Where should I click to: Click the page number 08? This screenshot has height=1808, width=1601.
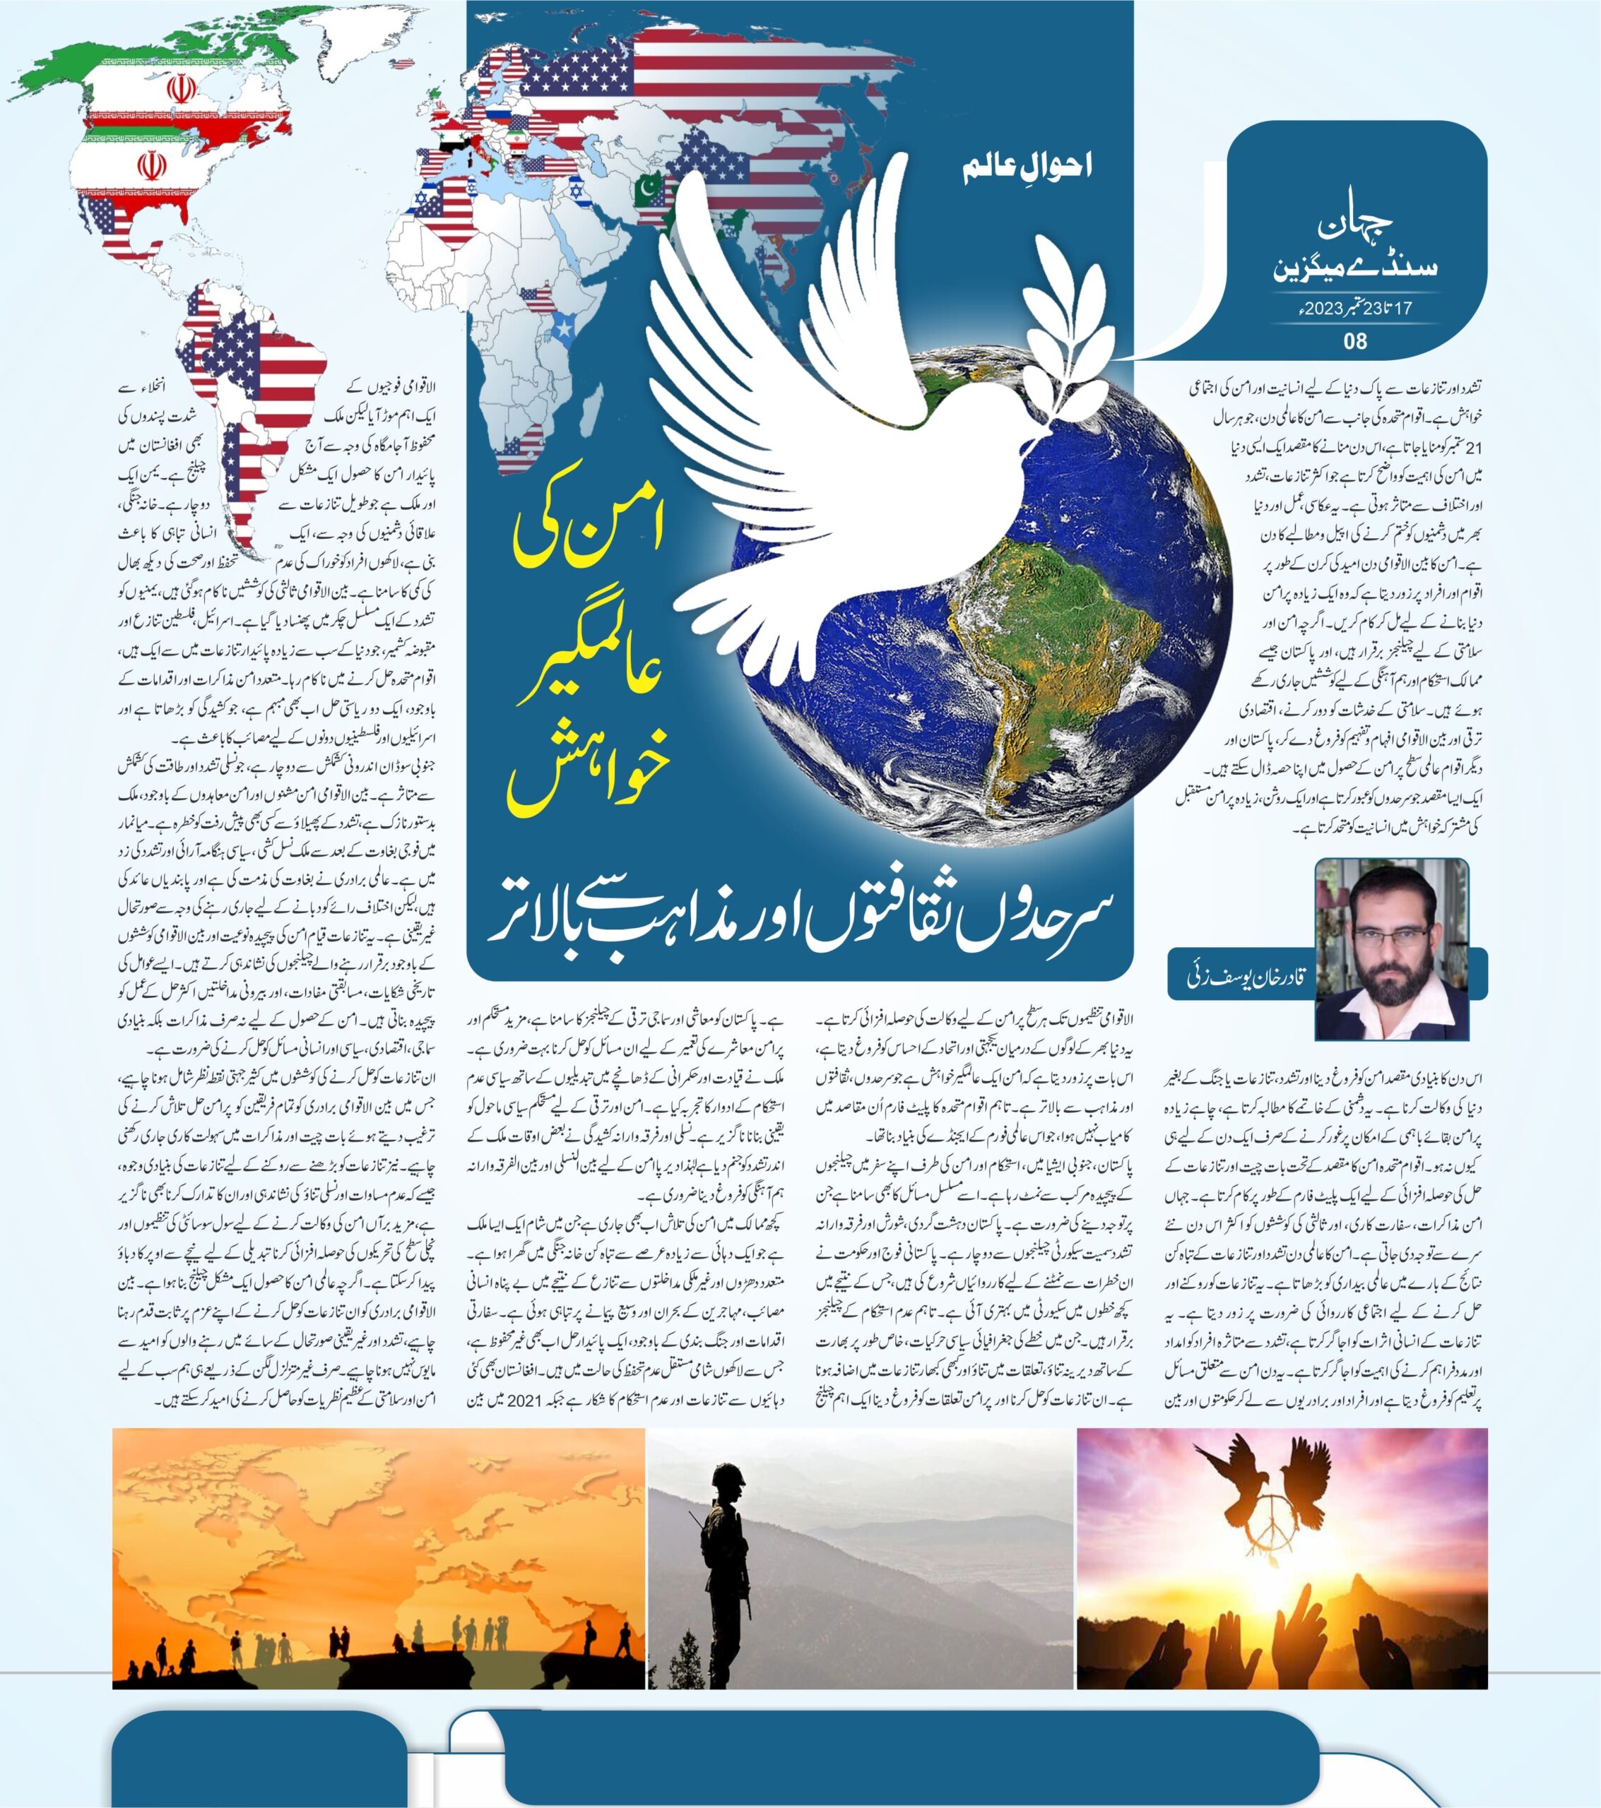[x=1355, y=340]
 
